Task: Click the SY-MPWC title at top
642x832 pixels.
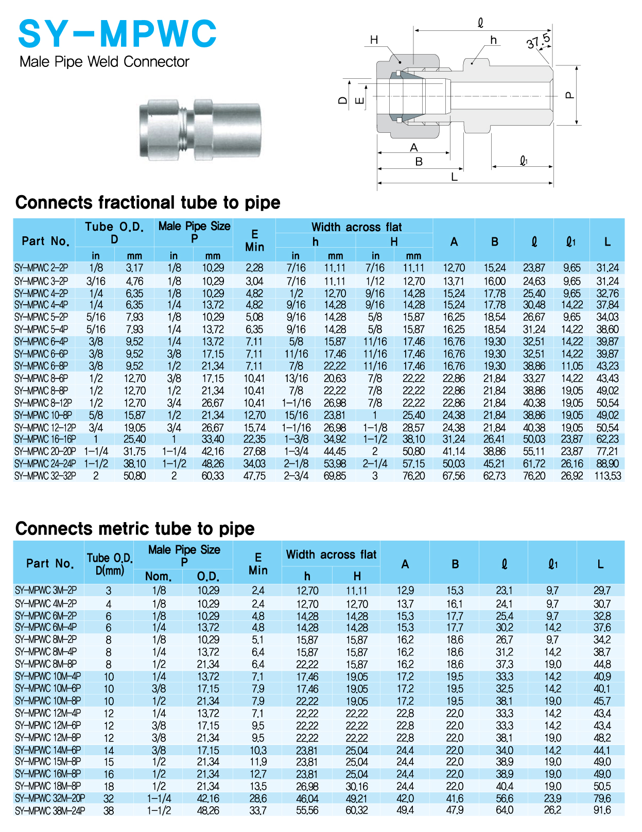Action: tap(117, 34)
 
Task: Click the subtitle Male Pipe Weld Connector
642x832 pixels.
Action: tap(105, 62)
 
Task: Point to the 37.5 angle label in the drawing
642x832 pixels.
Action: tap(539, 41)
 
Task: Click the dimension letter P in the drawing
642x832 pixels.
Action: tap(569, 95)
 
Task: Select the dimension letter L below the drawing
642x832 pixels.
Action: tap(454, 177)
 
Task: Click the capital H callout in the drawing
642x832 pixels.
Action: tap(374, 40)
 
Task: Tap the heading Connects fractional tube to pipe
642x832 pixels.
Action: tap(148, 202)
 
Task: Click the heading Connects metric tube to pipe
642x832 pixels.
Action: tap(135, 529)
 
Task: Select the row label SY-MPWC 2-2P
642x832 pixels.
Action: tap(41, 268)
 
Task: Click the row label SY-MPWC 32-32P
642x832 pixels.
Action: tap(45, 476)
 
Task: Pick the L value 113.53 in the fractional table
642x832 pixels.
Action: tap(608, 476)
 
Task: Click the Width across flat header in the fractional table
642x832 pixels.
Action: tap(356, 227)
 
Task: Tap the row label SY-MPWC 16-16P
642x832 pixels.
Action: tap(45, 439)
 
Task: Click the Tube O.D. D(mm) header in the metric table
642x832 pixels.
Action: tap(110, 564)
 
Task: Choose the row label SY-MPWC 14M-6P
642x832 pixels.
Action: tap(48, 750)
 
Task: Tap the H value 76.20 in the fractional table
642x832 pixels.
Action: tap(414, 476)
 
